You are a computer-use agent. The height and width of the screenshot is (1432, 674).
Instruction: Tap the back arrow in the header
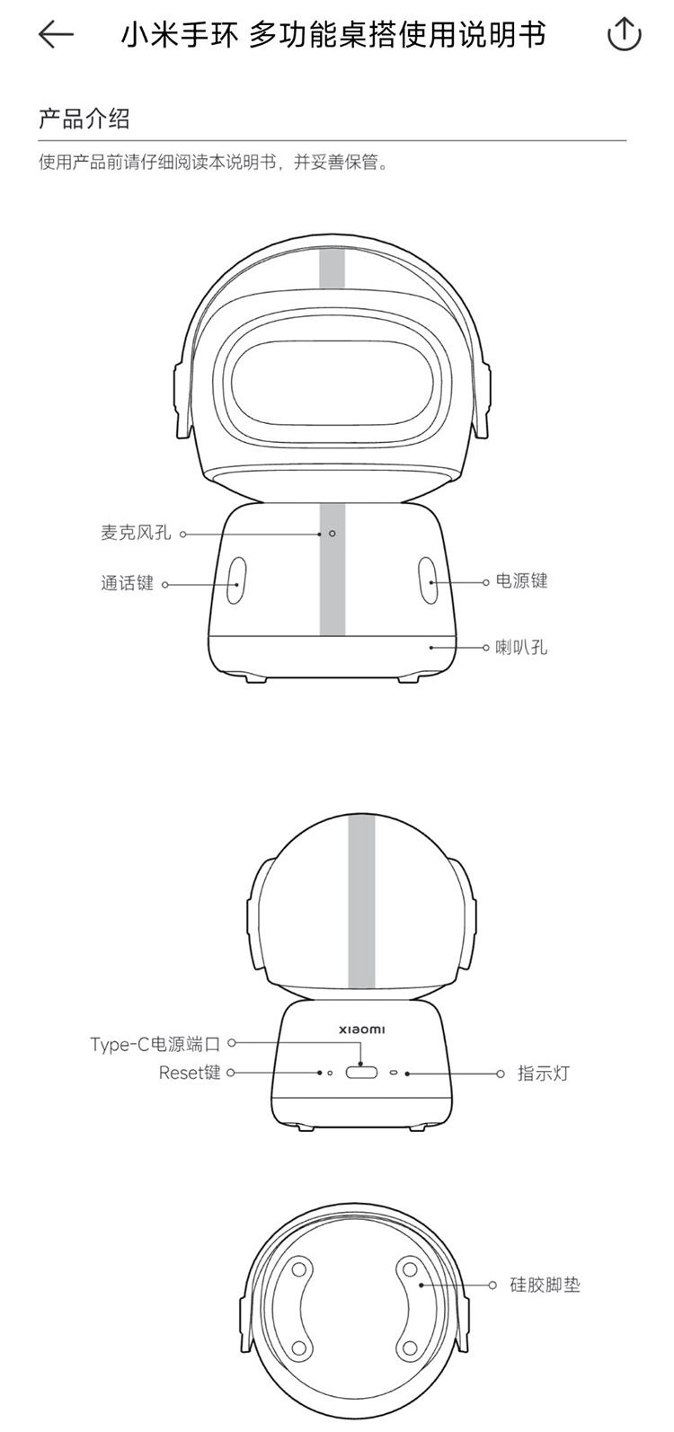pos(56,34)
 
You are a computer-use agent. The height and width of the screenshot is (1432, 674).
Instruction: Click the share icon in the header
pos(624,34)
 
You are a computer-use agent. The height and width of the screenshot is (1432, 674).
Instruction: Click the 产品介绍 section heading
pos(84,119)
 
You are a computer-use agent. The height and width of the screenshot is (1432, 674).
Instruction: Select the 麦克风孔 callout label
pos(136,533)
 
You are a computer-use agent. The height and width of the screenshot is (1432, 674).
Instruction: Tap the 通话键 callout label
pos(127,583)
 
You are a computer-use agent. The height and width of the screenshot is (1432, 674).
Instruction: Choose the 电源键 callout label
pos(522,580)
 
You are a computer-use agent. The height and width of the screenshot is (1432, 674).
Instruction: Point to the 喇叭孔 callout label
pos(522,647)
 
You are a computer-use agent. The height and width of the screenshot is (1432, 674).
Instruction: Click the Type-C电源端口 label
pos(155,1044)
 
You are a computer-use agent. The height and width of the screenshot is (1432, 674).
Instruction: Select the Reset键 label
pos(190,1072)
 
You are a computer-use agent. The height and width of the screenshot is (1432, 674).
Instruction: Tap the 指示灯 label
pos(543,1073)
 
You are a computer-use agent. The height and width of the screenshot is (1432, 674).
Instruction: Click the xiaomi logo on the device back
pos(362,1030)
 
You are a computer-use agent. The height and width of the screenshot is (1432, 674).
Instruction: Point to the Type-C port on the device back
pos(361,1072)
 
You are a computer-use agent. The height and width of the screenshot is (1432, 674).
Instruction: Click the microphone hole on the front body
pos(332,533)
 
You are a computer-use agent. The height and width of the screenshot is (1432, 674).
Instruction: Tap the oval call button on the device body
pos(235,580)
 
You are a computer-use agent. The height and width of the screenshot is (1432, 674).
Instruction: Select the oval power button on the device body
pos(429,580)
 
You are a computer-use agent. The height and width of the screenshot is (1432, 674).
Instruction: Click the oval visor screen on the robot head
pos(332,383)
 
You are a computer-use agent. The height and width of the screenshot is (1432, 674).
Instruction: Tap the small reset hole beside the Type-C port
pos(329,1073)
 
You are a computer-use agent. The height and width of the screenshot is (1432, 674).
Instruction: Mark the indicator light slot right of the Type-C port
pos(394,1073)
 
